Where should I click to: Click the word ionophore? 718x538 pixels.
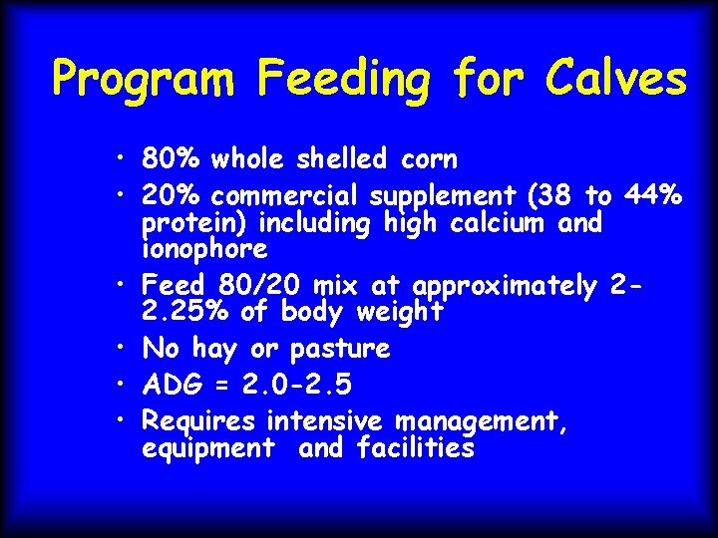pyautogui.click(x=204, y=248)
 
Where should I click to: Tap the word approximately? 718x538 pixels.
pyautogui.click(x=503, y=287)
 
